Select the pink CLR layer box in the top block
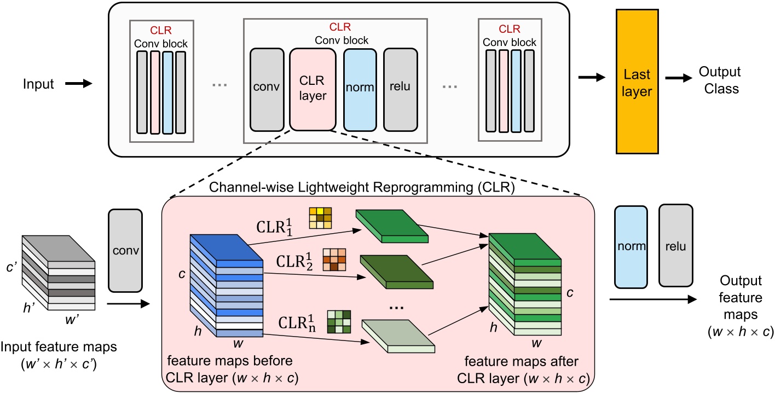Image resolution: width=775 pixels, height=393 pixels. tap(313, 89)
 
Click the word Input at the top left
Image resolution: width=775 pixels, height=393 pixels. tap(39, 84)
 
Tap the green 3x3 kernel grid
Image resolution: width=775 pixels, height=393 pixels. tap(338, 321)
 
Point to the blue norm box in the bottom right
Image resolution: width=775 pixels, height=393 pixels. tap(632, 246)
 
